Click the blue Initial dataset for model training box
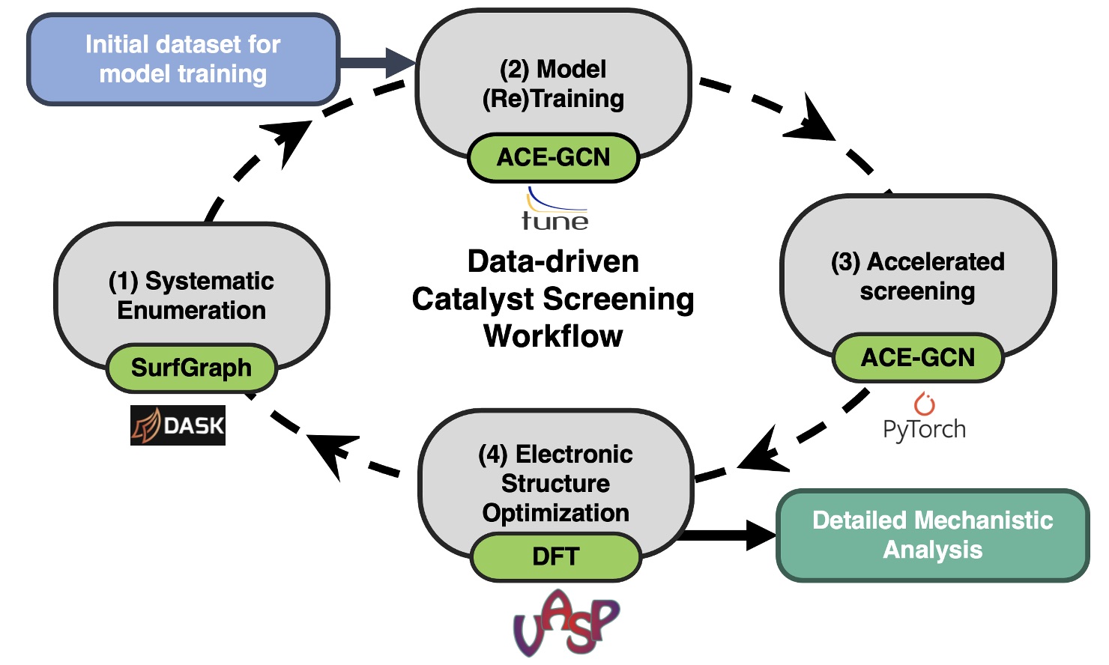tap(183, 59)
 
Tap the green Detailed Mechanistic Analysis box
tap(932, 535)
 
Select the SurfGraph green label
tap(191, 368)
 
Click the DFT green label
tap(555, 556)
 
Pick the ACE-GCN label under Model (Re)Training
tap(553, 157)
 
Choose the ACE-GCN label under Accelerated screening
tap(917, 357)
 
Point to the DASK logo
tap(178, 425)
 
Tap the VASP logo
tap(566, 622)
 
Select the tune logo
tap(555, 210)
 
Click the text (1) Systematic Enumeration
tap(191, 295)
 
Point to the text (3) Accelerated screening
tap(917, 276)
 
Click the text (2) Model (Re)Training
tap(553, 84)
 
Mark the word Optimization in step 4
tap(555, 513)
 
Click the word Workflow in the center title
tap(553, 336)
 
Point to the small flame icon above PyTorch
tap(925, 404)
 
